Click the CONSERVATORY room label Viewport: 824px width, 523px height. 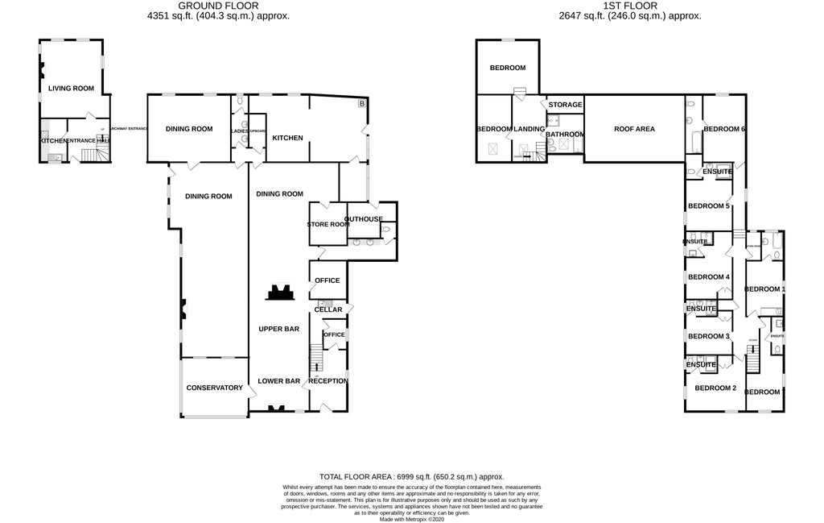click(214, 388)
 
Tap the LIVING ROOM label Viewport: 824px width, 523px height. click(71, 89)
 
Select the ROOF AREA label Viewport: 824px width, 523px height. click(634, 129)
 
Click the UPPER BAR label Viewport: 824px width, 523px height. click(278, 329)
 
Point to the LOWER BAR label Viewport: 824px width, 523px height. click(278, 380)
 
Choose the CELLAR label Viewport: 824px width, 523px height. click(328, 309)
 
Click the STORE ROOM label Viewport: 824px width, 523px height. click(328, 224)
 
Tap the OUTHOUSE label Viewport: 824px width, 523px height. click(364, 219)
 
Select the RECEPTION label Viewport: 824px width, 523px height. click(328, 380)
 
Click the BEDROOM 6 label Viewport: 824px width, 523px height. click(724, 129)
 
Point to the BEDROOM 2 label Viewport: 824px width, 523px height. click(715, 388)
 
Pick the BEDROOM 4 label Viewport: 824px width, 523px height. click(708, 277)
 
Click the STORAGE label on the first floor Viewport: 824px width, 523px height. click(565, 105)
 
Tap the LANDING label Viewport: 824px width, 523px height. click(529, 129)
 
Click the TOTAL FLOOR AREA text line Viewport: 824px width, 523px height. click(411, 477)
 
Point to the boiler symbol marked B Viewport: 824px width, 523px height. click(360, 103)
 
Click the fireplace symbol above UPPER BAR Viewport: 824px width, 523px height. click(280, 291)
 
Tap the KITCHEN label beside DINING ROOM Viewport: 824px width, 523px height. click(287, 138)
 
